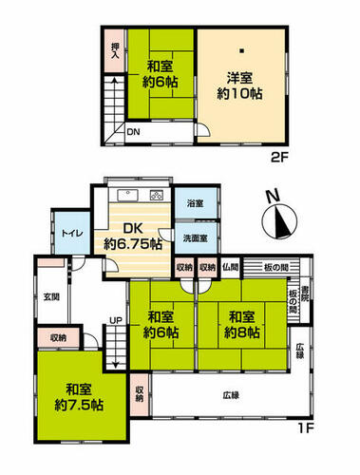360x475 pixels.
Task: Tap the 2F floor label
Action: pos(280,158)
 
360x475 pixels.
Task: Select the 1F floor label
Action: pos(305,428)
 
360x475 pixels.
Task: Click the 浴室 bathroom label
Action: pos(195,203)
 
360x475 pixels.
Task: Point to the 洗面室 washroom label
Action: pos(196,238)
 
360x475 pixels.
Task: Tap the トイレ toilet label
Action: pos(72,234)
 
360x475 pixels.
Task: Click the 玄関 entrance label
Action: pos(51,297)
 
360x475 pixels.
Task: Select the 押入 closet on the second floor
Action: pos(114,50)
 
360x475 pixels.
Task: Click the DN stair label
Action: pos(133,132)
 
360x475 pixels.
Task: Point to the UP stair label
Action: pos(116,320)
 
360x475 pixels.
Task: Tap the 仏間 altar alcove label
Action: pos(230,268)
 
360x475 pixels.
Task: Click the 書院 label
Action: pos(305,294)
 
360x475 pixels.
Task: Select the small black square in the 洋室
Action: pos(241,50)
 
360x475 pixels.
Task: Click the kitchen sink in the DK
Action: pos(127,195)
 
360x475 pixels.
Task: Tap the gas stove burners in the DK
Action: pos(157,196)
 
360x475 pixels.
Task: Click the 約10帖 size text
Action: pos(239,94)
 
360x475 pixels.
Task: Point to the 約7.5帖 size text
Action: pos(79,405)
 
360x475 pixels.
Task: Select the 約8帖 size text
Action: pos(242,332)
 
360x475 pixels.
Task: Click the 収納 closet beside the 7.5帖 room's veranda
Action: pos(140,394)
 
